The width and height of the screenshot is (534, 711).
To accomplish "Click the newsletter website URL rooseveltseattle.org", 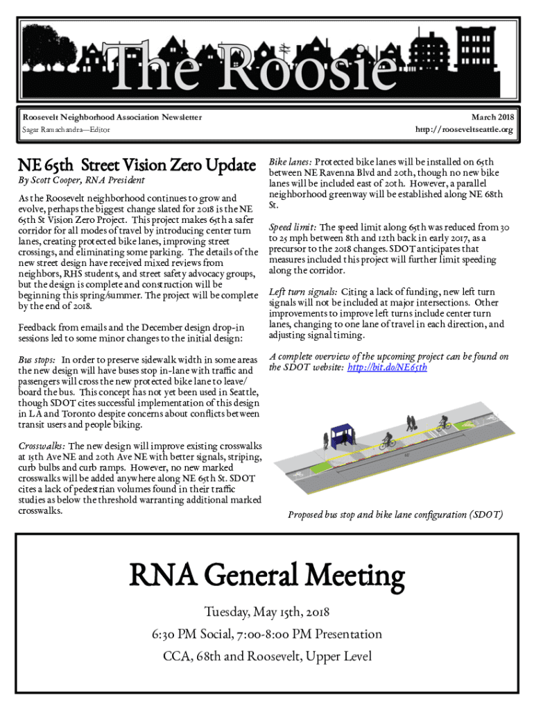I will pos(464,130).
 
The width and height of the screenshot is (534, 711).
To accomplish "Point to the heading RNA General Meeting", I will pos(267,576).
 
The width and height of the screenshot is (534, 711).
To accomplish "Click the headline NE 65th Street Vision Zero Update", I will pos(137,166).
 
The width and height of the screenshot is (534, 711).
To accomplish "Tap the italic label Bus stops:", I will pos(37,360).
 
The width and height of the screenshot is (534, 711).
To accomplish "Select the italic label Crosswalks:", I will pos(42,446).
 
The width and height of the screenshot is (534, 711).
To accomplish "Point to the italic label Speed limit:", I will pos(293,227).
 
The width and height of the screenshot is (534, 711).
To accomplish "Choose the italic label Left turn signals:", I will pos(302,292).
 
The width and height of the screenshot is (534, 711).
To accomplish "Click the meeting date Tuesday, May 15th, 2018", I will pos(267,612).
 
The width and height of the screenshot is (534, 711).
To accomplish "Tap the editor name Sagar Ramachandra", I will pos(50,130).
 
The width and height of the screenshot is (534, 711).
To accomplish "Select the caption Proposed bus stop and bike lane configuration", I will pos(395,515).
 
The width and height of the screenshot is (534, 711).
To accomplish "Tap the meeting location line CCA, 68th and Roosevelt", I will pos(267,656).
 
